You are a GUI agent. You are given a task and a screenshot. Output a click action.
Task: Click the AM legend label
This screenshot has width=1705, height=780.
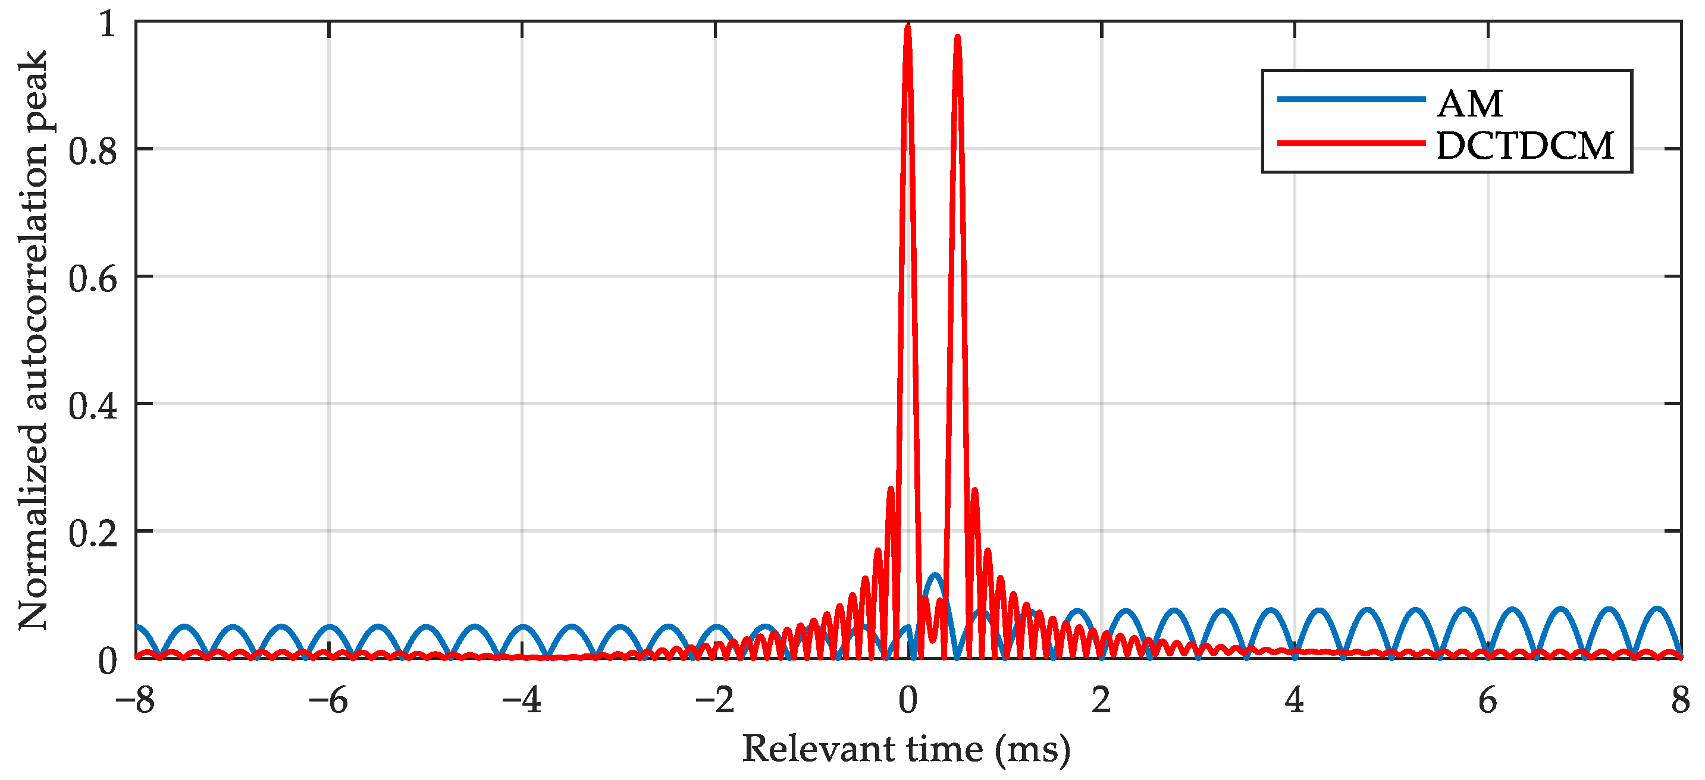pyautogui.click(x=1470, y=104)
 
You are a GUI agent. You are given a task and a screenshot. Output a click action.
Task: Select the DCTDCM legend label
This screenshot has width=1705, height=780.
pyautogui.click(x=1525, y=146)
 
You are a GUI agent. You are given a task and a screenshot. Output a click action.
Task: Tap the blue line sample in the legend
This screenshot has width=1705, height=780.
pyautogui.click(x=1351, y=99)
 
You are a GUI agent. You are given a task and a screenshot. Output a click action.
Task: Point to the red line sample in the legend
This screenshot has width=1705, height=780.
pyautogui.click(x=1351, y=142)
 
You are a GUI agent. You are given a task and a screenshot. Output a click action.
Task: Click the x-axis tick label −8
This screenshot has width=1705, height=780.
pyautogui.click(x=135, y=700)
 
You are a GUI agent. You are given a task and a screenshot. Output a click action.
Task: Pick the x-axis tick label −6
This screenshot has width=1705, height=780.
pyautogui.click(x=328, y=700)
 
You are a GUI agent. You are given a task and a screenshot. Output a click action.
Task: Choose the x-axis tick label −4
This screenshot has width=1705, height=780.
pyautogui.click(x=522, y=700)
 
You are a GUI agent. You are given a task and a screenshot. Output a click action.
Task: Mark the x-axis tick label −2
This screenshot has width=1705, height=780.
pyautogui.click(x=715, y=700)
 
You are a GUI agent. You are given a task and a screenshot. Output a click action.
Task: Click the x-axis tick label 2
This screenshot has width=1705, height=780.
pyautogui.click(x=1101, y=700)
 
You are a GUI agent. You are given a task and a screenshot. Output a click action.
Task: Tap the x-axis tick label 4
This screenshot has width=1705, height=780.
pyautogui.click(x=1295, y=700)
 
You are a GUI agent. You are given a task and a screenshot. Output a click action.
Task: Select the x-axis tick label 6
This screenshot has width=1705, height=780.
pyautogui.click(x=1488, y=700)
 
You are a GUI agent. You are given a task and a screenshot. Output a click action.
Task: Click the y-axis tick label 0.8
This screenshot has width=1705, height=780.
pyautogui.click(x=93, y=151)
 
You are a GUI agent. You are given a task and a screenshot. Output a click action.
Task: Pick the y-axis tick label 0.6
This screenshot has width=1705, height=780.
pyautogui.click(x=93, y=278)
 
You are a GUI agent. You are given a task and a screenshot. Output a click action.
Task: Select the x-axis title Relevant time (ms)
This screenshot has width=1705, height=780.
pyautogui.click(x=907, y=750)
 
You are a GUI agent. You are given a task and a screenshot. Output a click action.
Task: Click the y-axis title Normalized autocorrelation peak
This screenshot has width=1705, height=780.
pyautogui.click(x=33, y=341)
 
